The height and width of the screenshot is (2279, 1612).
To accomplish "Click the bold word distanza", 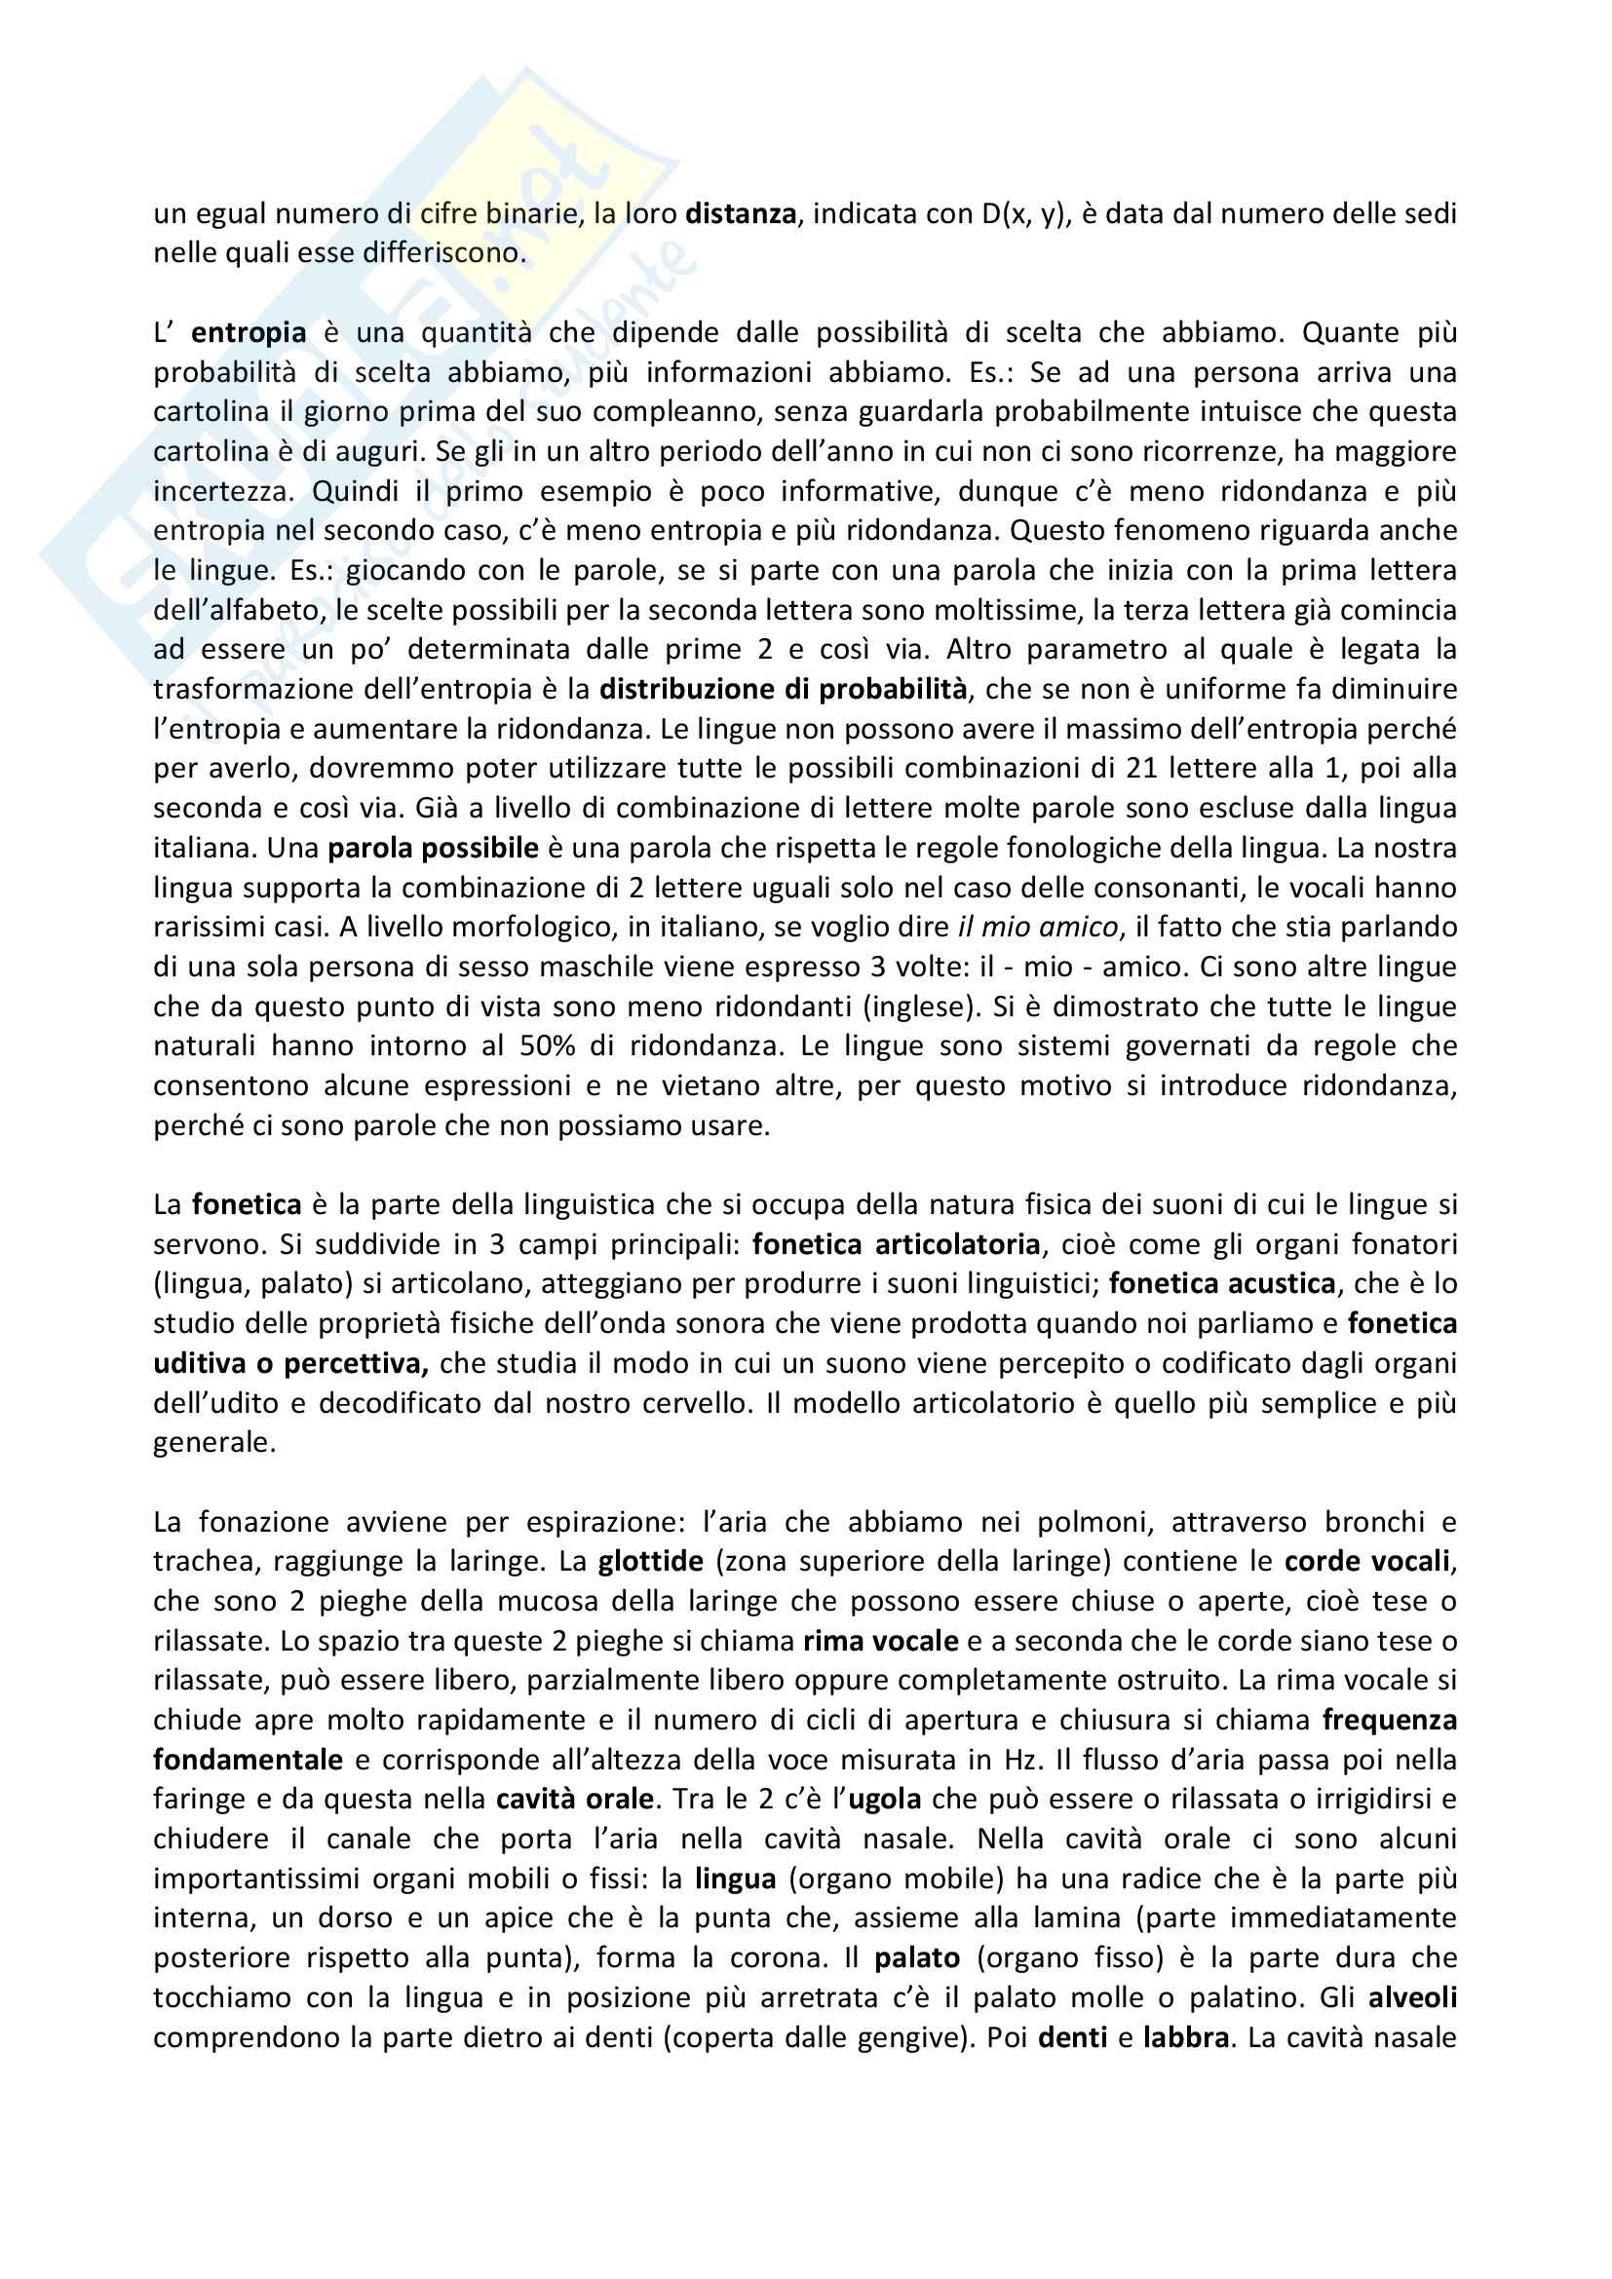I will tap(741, 213).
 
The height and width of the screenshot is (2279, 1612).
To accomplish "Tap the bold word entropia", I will tap(249, 332).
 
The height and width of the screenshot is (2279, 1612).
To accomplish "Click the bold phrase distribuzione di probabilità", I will tap(784, 689).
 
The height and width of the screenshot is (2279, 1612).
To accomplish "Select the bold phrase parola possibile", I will tap(433, 848).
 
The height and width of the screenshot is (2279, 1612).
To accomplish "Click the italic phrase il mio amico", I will tap(1038, 927).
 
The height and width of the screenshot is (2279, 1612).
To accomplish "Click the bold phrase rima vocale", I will tap(880, 1642).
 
